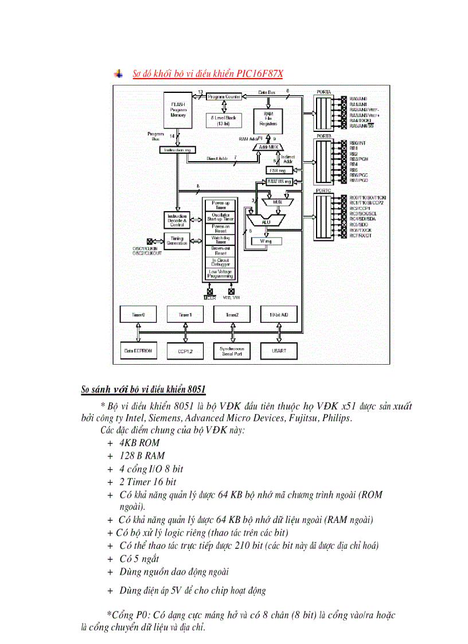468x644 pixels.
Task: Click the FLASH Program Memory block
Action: click(178, 110)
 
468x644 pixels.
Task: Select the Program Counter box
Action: click(224, 97)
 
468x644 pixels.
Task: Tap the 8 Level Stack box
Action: click(224, 120)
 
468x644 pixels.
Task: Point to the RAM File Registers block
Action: click(267, 118)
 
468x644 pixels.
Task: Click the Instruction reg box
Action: click(177, 150)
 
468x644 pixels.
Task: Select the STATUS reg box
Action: click(279, 182)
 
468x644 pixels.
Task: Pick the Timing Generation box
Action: click(177, 241)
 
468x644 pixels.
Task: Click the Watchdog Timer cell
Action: click(220, 240)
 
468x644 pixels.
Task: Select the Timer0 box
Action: click(138, 314)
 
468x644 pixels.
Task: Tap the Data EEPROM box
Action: click(138, 350)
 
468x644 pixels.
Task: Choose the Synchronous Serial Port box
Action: click(232, 350)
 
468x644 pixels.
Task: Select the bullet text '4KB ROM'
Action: click(139, 443)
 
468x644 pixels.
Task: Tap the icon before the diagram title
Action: click(118, 74)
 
